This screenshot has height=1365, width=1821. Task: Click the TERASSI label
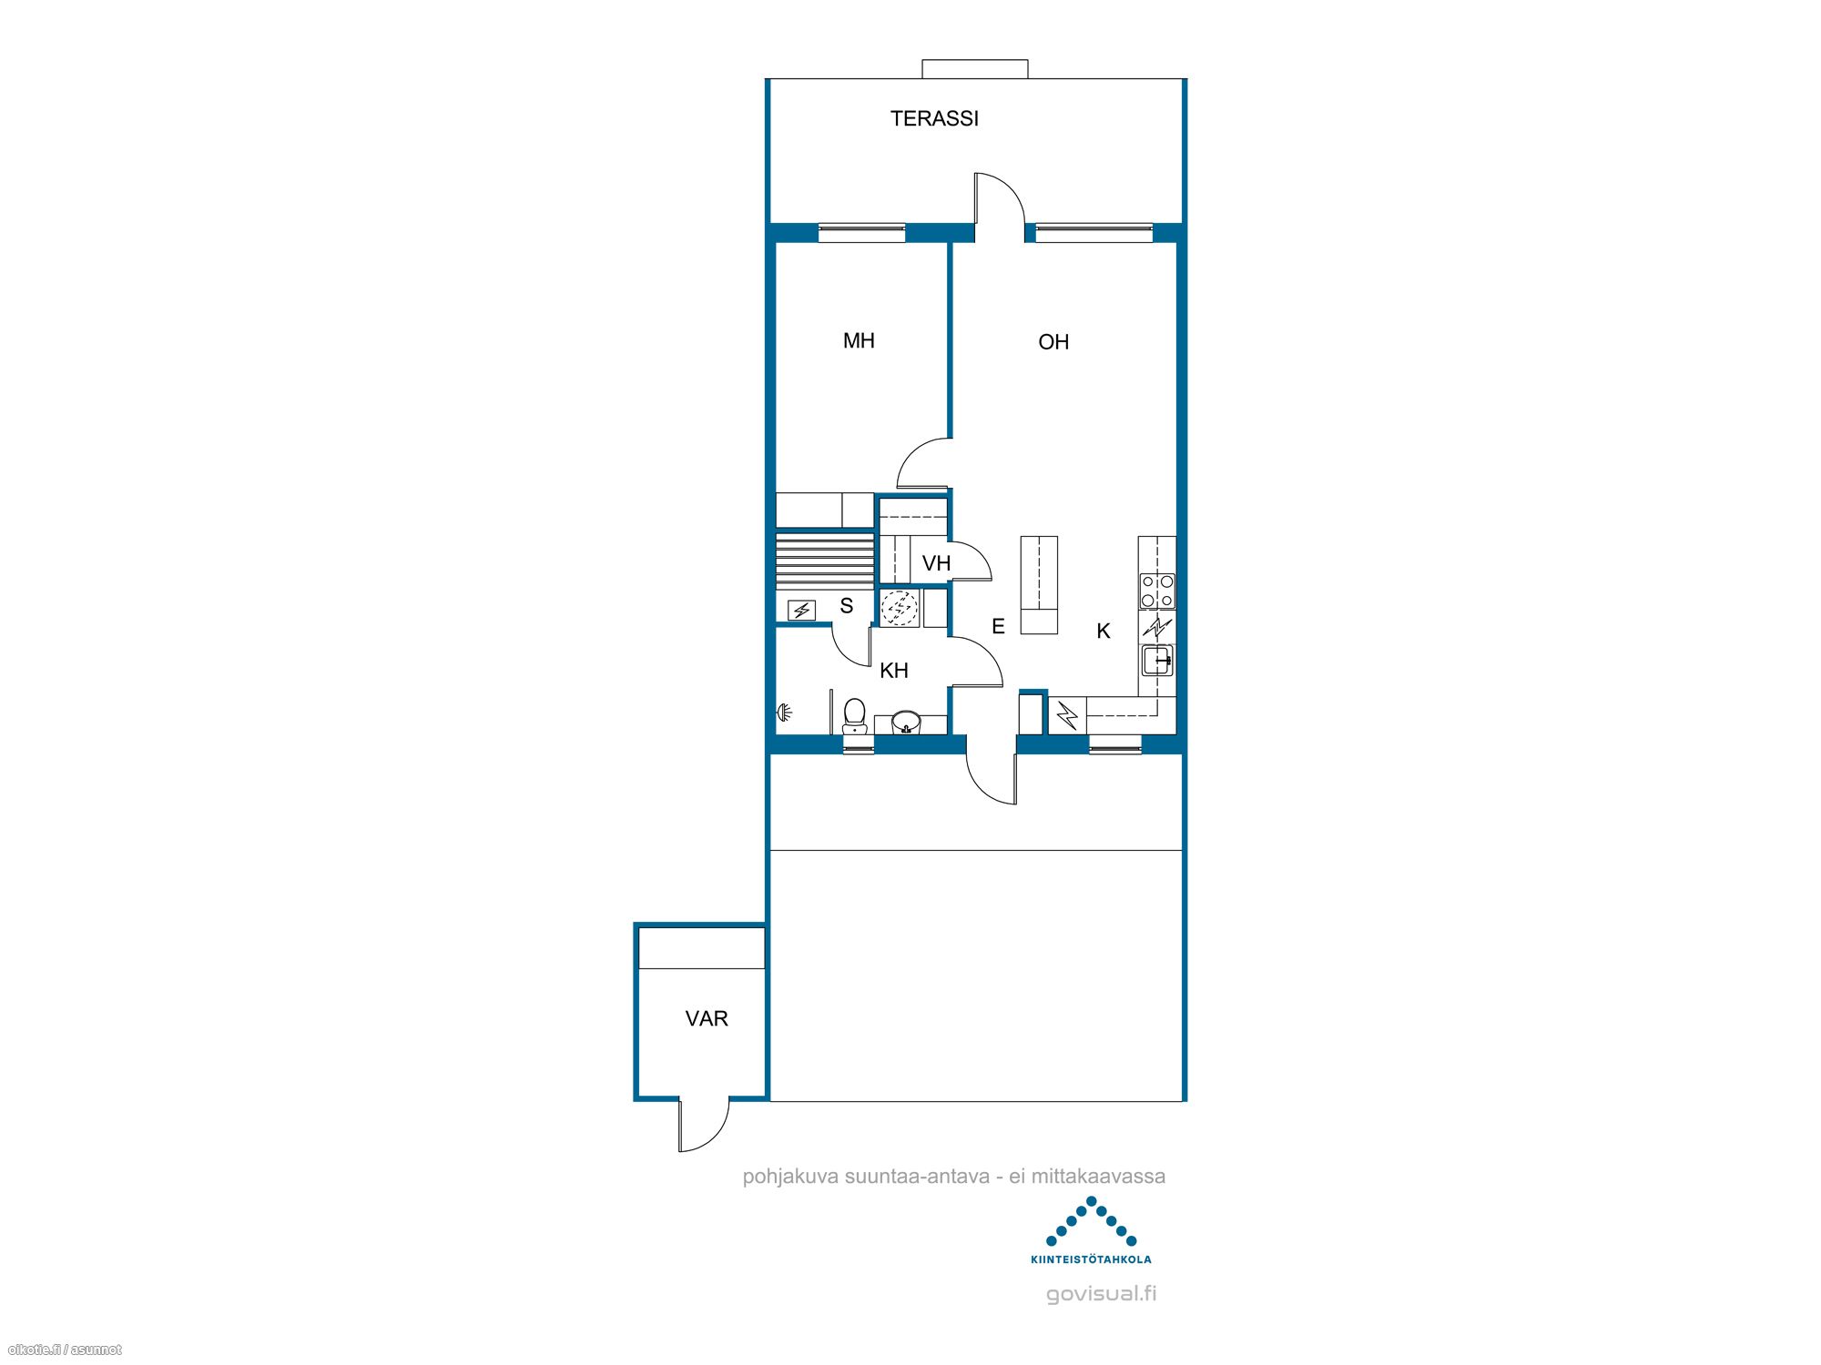(934, 118)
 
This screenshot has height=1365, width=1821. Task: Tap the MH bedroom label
(859, 341)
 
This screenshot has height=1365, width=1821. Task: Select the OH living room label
(1053, 342)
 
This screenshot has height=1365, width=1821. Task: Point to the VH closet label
(936, 563)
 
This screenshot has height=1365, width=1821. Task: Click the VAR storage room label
(707, 1018)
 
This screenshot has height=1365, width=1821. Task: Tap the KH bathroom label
(894, 671)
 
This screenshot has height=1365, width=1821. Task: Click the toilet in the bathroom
(854, 715)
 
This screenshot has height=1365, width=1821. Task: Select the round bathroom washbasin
(906, 723)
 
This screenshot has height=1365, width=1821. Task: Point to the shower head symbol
(784, 713)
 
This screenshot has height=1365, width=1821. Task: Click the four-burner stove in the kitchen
(1157, 591)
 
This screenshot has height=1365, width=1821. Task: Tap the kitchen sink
(1157, 660)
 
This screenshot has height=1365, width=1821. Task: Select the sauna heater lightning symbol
(802, 610)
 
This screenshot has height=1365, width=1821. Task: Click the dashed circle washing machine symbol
(900, 608)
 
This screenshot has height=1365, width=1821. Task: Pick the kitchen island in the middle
(1039, 584)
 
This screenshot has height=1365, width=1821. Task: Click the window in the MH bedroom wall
(861, 233)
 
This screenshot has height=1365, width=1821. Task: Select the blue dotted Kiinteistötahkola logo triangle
(1091, 1221)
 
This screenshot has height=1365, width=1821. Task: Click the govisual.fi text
(1101, 1294)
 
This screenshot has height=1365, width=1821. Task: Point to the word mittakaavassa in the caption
(1098, 1176)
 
